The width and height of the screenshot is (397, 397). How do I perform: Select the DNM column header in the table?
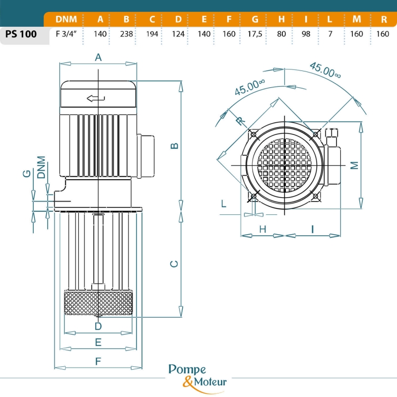(x=66, y=19)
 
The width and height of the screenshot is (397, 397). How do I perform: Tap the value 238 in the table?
(x=126, y=34)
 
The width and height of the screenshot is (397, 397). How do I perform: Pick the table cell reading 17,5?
(x=255, y=34)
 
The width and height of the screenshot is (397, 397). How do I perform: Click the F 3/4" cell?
(x=66, y=34)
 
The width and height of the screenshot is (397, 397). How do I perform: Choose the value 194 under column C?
(x=152, y=34)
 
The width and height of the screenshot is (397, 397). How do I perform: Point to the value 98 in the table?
(x=306, y=34)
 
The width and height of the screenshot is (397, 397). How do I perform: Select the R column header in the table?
(x=384, y=19)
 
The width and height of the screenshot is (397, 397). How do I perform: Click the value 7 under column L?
(x=330, y=34)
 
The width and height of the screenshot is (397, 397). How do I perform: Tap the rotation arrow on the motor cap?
(x=96, y=98)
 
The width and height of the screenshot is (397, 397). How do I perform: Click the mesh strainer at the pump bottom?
(x=98, y=302)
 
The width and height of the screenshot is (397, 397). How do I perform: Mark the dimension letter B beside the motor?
(x=174, y=145)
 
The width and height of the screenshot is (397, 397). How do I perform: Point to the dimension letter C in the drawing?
(x=174, y=264)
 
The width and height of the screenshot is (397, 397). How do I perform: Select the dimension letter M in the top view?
(x=354, y=166)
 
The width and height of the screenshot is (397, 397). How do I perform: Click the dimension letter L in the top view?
(x=224, y=203)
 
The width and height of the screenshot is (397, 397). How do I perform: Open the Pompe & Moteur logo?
(x=198, y=376)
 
